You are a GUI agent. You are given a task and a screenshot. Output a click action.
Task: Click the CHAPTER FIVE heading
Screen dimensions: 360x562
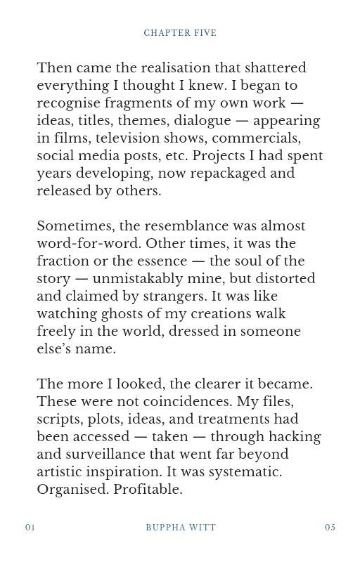click(180, 33)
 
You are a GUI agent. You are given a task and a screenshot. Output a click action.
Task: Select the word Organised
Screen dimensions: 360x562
click(72, 490)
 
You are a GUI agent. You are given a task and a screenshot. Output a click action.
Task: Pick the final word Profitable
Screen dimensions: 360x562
click(148, 490)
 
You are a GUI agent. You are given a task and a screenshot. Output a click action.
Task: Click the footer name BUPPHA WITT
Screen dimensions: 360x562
click(181, 528)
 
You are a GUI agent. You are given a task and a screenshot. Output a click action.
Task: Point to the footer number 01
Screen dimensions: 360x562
click(30, 528)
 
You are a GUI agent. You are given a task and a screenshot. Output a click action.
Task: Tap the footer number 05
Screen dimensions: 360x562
click(330, 528)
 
